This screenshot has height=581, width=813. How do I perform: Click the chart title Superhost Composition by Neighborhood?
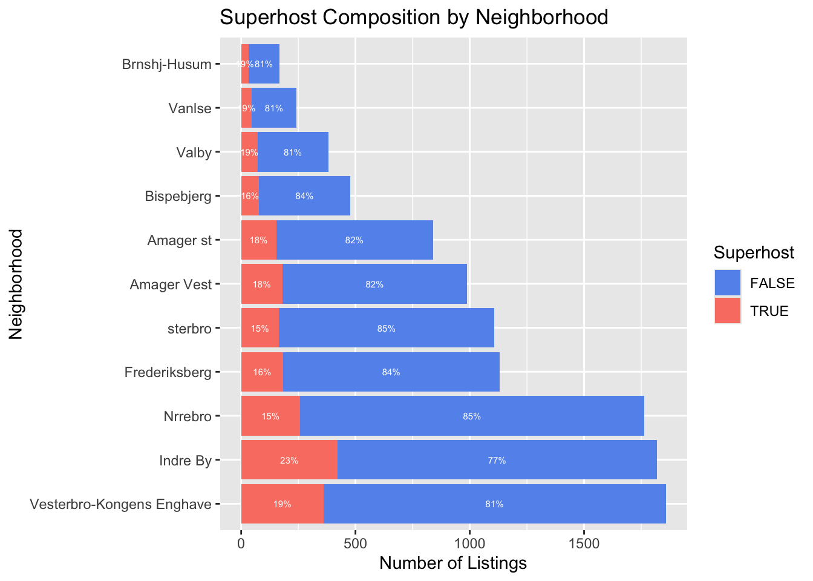point(414,18)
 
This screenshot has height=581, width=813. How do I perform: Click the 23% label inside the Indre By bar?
point(289,461)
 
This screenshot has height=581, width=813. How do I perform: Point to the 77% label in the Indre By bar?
point(497,461)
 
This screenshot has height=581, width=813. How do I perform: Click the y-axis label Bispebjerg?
point(178,196)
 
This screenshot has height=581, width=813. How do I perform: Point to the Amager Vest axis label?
point(171,284)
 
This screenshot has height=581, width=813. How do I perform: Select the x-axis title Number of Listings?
point(453,563)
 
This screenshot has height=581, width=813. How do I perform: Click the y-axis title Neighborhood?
point(16,284)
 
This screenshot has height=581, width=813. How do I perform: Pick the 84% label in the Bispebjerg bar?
point(304,196)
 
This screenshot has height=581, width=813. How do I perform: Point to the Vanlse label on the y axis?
point(191,109)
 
